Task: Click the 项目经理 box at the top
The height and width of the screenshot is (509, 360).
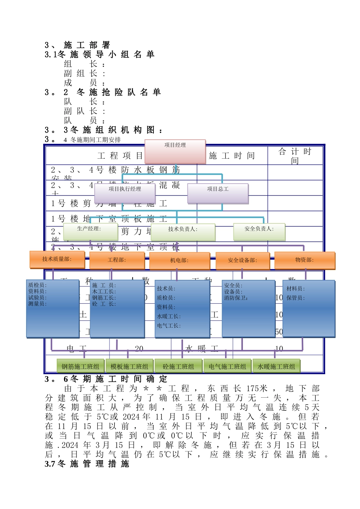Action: coord(175,151)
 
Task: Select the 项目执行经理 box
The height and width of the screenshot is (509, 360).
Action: coord(125,194)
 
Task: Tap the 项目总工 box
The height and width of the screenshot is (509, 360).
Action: coord(218,194)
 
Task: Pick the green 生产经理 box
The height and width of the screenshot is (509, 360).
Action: coord(90,232)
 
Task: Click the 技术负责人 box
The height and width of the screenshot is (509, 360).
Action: coord(183,232)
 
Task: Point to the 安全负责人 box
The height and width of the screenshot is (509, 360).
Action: coord(259,232)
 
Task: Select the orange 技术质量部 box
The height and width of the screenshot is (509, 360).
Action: coord(57,259)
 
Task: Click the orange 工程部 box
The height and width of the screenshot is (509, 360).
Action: coord(117,261)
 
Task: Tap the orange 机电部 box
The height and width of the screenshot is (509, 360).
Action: coord(180,261)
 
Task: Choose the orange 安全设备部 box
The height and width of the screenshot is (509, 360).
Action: coord(243,261)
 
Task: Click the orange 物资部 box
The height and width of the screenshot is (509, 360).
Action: coord(305,261)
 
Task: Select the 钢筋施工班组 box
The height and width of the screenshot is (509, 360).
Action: coord(80,366)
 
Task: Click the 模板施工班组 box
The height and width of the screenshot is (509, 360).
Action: coord(129,366)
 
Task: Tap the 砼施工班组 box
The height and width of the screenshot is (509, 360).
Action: coord(178,366)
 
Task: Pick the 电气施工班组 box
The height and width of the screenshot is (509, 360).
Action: coord(227,366)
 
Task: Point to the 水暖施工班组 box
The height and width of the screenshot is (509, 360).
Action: coord(276,366)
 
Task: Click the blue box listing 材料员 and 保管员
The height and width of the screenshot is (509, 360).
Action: coord(309,308)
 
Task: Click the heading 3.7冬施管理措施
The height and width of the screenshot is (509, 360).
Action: coord(87,464)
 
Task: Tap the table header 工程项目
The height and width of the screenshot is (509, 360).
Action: coord(121,156)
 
